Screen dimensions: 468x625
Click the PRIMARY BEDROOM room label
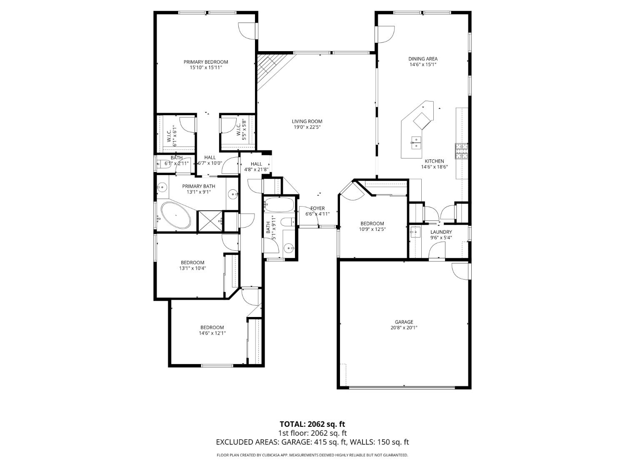point(206,62)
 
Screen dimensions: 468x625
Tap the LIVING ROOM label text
point(307,121)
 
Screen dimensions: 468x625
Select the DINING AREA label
point(422,59)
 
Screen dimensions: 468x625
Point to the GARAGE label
point(404,322)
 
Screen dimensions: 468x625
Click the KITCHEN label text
point(434,161)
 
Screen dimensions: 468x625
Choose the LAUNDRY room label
point(441,232)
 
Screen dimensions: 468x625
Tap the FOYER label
point(317,208)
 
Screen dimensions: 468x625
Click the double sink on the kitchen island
point(415,143)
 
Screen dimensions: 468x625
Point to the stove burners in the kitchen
point(461,151)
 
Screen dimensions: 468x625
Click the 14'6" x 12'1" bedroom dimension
point(212,333)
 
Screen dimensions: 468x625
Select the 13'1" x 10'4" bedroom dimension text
point(192,268)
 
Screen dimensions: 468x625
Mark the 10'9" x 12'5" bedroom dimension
point(372,229)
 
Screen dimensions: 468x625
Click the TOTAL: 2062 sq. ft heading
point(312,424)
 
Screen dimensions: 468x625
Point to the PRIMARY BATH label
point(199,186)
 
